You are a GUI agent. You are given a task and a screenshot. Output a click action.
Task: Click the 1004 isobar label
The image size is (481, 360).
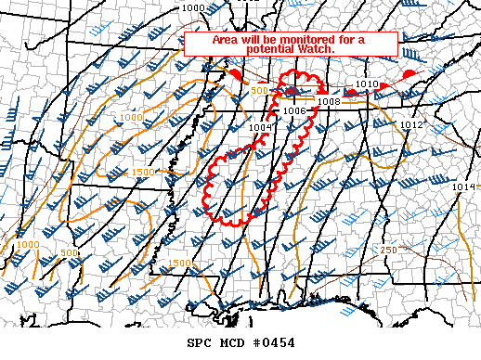point(261,127)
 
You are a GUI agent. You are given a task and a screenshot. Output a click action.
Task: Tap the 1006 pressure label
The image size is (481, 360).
point(295,110)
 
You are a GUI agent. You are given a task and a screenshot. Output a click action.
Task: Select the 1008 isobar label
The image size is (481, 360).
point(328,101)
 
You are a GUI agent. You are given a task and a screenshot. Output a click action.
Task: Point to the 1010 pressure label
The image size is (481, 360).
point(367,84)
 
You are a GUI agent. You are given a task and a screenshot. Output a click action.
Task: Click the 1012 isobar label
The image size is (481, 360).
point(413,124)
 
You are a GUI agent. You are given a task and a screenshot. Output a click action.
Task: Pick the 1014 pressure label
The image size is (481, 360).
point(464,187)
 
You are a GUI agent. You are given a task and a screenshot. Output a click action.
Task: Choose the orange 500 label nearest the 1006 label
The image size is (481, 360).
point(260,90)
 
